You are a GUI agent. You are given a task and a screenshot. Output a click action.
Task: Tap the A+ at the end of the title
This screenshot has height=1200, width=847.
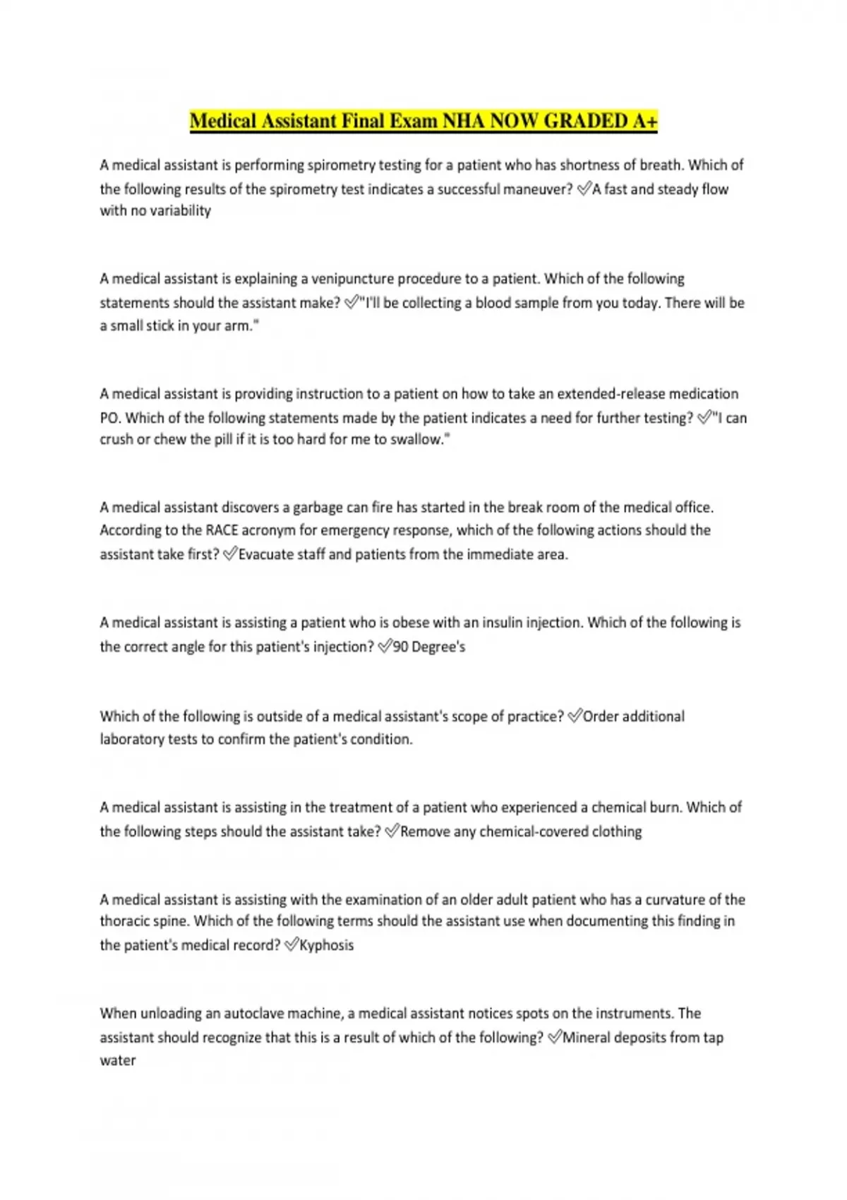point(644,121)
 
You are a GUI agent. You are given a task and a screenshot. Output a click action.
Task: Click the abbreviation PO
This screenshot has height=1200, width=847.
point(109,418)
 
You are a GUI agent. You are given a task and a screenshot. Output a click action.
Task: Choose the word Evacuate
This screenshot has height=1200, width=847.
point(267,555)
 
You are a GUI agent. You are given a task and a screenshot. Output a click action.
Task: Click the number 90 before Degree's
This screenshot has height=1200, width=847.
point(400,647)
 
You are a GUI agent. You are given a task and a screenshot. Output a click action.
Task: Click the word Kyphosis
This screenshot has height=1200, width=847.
point(326,945)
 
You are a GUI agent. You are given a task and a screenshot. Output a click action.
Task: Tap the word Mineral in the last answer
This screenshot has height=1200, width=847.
point(587,1038)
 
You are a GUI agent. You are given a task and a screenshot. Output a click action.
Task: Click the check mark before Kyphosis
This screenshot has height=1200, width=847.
point(291,945)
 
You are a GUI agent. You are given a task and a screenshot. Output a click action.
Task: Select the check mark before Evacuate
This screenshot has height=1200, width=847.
point(229,555)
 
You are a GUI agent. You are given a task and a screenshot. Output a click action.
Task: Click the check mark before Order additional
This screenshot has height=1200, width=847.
point(575,716)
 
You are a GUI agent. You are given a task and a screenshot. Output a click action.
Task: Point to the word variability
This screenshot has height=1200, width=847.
point(180,211)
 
